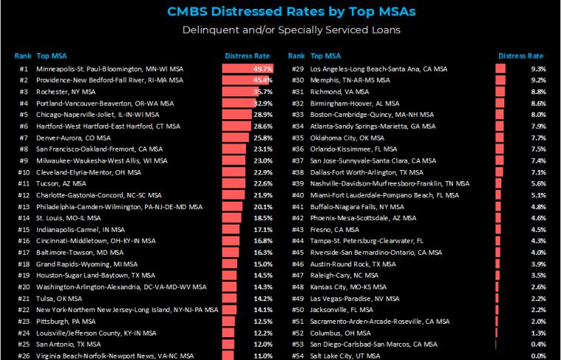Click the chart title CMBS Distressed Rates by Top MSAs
pyautogui.click(x=280, y=11)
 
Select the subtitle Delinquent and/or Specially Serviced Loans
pyautogui.click(x=280, y=30)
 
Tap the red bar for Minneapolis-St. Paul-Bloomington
pyautogui.click(x=237, y=68)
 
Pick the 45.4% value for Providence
pyautogui.click(x=263, y=80)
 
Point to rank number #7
pyautogui.click(x=22, y=138)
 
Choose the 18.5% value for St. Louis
pyautogui.click(x=263, y=218)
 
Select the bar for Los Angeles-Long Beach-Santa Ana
pyautogui.click(x=501, y=68)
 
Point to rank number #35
pyautogui.click(x=297, y=138)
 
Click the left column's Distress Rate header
pyautogui.click(x=247, y=56)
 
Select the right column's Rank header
pyautogui.click(x=297, y=56)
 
